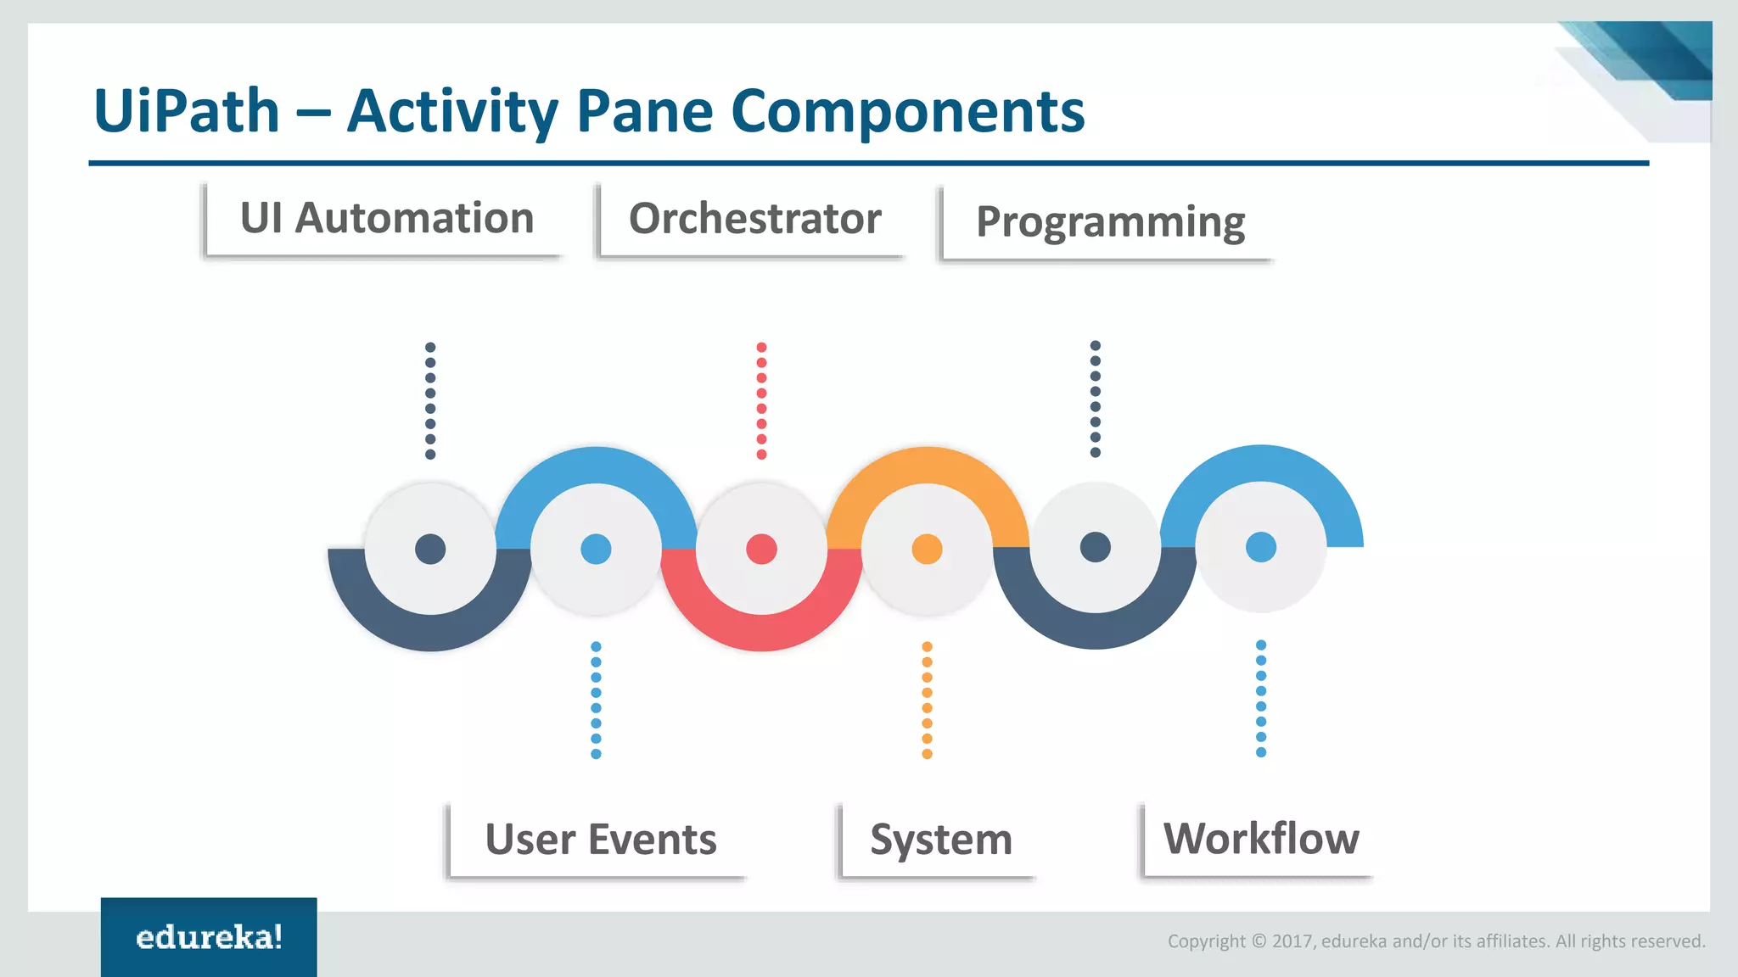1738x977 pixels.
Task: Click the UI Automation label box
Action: [386, 219]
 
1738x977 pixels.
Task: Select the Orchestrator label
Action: [754, 219]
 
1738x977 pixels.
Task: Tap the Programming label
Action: [1110, 222]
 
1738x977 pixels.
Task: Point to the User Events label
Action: [600, 840]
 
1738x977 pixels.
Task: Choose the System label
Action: [940, 840]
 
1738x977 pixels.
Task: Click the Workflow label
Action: [1260, 839]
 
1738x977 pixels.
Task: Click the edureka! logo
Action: [209, 937]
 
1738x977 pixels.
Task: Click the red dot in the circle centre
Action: [761, 550]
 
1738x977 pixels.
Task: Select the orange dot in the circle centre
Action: [927, 550]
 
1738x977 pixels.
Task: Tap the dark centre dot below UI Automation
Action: [430, 550]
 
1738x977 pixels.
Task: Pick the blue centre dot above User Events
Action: [596, 550]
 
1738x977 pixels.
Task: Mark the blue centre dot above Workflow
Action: [1261, 547]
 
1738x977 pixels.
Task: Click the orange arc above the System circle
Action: [927, 465]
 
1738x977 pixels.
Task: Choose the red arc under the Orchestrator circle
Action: [761, 632]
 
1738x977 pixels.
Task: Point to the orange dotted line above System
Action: [927, 700]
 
